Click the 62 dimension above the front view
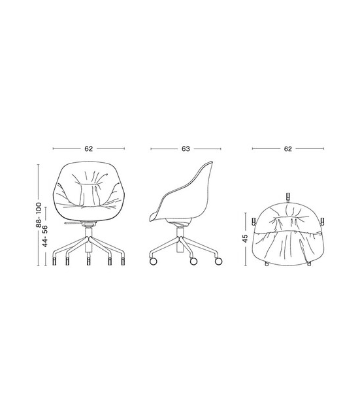(x=88, y=148)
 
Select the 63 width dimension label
(x=186, y=148)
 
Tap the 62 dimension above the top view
(x=287, y=148)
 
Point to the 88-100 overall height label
(x=39, y=215)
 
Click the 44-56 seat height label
(x=45, y=236)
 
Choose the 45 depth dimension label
(x=245, y=238)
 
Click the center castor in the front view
(x=88, y=261)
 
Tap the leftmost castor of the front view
(x=54, y=261)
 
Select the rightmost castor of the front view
(x=123, y=261)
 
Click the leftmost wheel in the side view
(x=153, y=261)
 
